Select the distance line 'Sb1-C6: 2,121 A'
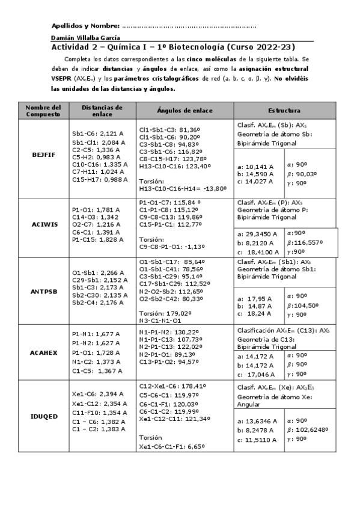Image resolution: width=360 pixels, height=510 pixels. point(96,135)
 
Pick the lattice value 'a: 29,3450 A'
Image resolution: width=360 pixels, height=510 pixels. point(257,234)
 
